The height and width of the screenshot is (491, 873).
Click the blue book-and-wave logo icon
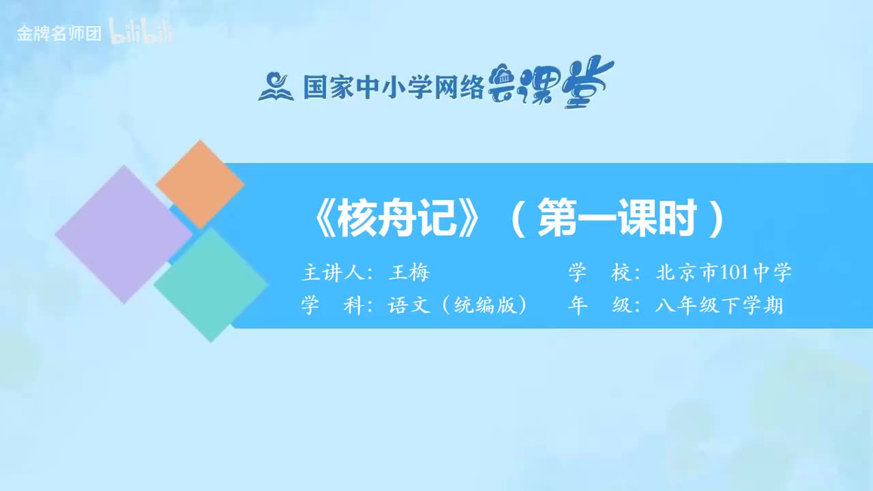(275, 87)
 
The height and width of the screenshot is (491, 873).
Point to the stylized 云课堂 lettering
(551, 83)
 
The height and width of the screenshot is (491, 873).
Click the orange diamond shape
(200, 183)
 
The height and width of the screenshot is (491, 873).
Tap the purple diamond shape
(123, 234)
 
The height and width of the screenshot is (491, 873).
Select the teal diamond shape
(211, 284)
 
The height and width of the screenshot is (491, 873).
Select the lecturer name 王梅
(409, 273)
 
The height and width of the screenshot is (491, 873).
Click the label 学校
(598, 273)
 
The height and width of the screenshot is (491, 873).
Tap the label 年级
(598, 306)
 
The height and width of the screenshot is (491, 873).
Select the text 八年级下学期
(719, 306)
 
